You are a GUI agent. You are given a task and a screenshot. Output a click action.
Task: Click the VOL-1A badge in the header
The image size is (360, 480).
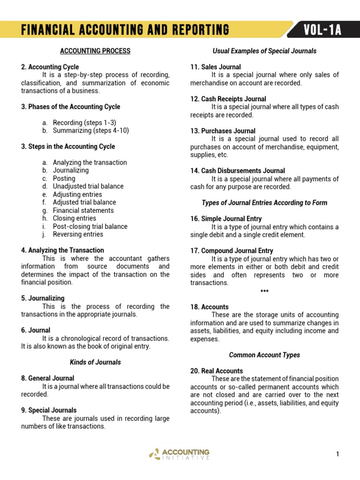pos(322,30)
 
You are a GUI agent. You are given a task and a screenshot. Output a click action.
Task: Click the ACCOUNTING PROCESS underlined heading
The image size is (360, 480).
pos(95,51)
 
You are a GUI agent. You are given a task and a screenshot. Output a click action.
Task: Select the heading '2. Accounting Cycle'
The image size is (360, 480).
pos(50,67)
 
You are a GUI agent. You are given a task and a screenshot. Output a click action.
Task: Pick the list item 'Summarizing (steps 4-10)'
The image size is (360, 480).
pos(90,130)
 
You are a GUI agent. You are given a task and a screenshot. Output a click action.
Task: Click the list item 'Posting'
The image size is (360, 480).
pos(64,178)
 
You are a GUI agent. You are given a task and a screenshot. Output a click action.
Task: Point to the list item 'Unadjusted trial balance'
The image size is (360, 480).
pos(88,186)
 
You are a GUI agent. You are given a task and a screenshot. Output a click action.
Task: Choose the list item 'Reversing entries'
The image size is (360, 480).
pos(78,234)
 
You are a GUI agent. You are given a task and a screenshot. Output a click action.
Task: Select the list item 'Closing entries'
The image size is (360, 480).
pos(75,218)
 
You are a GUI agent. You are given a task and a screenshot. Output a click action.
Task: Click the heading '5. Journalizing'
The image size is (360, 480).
pos(43,298)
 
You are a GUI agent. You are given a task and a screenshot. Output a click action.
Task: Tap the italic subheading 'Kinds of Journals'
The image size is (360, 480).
pos(95,362)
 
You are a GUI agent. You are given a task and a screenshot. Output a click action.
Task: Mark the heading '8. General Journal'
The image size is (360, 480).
pos(47,378)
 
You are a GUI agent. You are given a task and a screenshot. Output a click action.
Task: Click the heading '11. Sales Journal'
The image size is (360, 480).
pos(215,67)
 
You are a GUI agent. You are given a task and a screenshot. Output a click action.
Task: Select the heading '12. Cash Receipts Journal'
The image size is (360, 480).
pos(228,98)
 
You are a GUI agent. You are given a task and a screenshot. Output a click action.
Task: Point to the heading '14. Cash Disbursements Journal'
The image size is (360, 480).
pos(237,171)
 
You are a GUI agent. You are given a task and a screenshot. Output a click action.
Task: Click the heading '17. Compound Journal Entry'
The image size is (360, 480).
pos(232,250)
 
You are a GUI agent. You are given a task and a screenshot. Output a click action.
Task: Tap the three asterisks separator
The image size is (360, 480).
pos(264,291)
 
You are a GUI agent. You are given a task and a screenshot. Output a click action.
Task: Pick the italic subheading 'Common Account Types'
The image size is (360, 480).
pos(264,355)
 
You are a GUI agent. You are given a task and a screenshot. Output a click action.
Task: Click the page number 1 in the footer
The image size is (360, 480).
pos(337,454)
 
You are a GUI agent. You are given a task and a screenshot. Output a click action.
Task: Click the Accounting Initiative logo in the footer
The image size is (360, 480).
pos(180,454)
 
